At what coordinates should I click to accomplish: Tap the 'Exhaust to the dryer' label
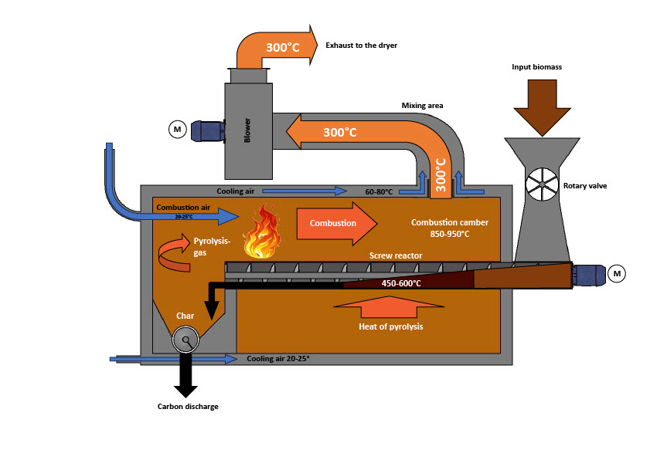[362, 46]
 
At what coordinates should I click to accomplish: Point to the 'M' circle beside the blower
[177, 128]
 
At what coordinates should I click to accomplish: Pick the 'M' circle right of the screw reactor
[617, 272]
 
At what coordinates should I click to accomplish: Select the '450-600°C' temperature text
[401, 283]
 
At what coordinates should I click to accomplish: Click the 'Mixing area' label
[422, 105]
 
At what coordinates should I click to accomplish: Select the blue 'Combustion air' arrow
[193, 215]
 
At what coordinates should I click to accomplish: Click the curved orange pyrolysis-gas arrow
[175, 255]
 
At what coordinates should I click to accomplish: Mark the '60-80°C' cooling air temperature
[379, 190]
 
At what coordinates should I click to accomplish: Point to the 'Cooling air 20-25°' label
[277, 359]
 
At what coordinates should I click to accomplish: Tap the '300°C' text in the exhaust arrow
[283, 47]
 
